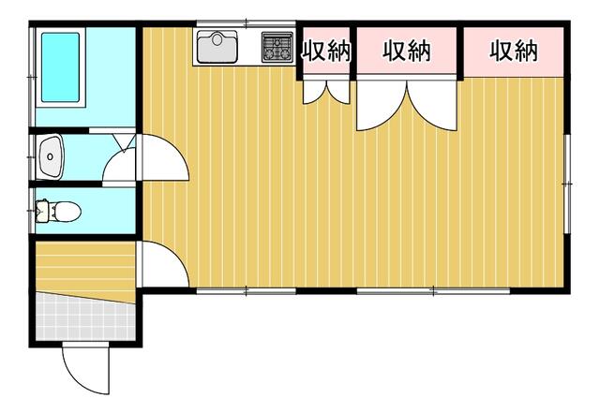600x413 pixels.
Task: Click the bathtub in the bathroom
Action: pos(60,67)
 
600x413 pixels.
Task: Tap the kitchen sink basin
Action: pos(217,47)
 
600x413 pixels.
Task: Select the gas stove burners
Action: pos(277,47)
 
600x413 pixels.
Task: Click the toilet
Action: pos(58,211)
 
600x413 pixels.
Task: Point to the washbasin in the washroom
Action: pos(50,156)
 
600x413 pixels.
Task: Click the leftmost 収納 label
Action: pos(326,52)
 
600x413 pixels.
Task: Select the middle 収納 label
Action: pos(406,51)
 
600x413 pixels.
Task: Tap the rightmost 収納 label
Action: pos(514,51)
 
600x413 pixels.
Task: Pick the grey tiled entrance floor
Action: pos(85,317)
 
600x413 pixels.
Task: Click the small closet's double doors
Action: pos(326,91)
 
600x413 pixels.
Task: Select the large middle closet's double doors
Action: pos(407,105)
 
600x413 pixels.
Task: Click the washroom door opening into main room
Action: pos(162,157)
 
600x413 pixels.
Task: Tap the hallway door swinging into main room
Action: pos(163,264)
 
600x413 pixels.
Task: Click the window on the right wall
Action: pos(567,184)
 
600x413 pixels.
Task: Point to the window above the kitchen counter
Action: pos(246,23)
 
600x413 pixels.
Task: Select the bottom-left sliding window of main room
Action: pos(246,291)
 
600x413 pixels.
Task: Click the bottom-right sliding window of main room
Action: pos(433,291)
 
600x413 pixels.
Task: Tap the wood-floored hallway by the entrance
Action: pos(85,271)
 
